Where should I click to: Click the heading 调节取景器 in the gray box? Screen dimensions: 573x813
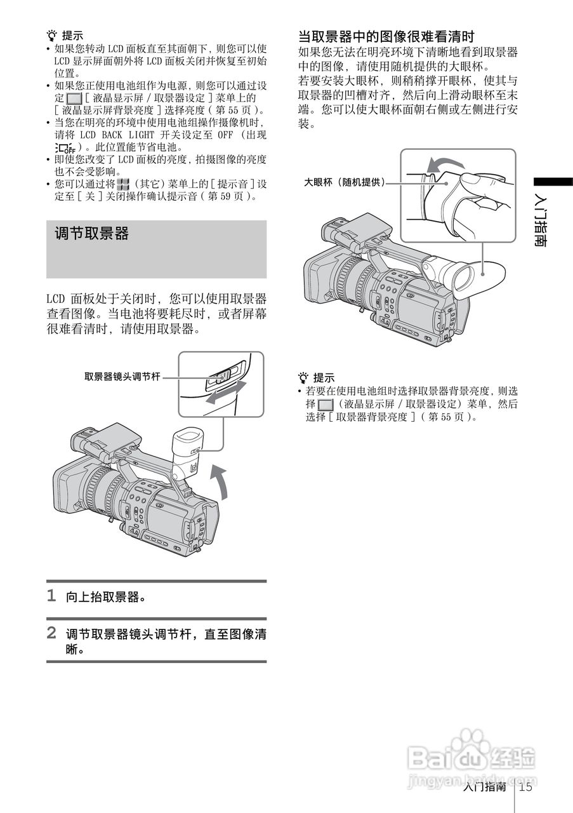(x=92, y=234)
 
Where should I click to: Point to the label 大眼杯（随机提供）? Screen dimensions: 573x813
(x=345, y=182)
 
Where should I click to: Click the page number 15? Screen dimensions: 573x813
(x=525, y=788)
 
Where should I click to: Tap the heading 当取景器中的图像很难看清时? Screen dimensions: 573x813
(x=386, y=36)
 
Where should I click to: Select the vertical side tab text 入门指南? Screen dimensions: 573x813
(x=540, y=219)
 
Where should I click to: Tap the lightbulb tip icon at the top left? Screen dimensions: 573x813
(x=52, y=36)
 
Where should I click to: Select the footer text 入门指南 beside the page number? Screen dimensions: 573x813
(x=484, y=788)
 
